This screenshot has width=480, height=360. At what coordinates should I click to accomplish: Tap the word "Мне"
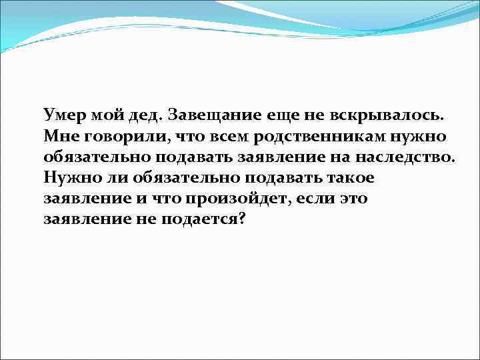coord(59,137)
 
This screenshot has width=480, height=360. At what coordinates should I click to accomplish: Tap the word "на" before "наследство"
coord(359,158)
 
